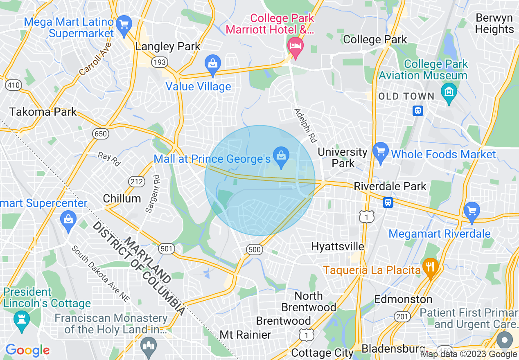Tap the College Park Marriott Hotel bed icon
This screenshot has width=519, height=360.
tap(295, 45)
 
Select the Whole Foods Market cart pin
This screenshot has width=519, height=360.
tap(381, 152)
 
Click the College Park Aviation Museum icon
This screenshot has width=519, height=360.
tap(449, 92)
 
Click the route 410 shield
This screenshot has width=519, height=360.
tap(13, 85)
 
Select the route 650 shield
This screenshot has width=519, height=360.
tap(101, 134)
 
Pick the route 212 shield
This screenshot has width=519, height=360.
tap(136, 181)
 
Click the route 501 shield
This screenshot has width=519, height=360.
tap(167, 248)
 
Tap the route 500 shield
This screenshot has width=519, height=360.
tap(254, 249)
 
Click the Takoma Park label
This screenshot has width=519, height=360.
tap(43, 112)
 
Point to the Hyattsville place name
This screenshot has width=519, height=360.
tap(338, 246)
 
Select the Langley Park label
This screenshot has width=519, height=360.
tap(168, 47)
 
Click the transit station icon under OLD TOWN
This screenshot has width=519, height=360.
tap(417, 110)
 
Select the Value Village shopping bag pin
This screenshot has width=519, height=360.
tap(213, 64)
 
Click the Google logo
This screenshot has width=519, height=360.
tap(27, 350)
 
